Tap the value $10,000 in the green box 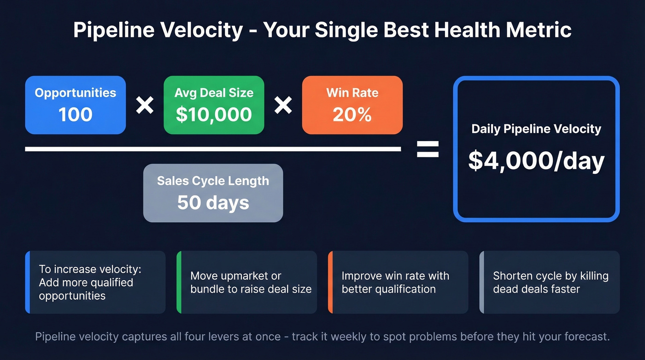(x=214, y=114)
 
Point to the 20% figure (x=352, y=114)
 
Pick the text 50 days (x=213, y=203)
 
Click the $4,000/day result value (x=536, y=161)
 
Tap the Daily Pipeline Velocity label (x=536, y=129)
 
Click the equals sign (x=428, y=149)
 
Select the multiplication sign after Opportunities (x=145, y=106)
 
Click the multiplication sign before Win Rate (x=283, y=106)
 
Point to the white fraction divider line (x=213, y=149)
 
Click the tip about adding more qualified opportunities (x=95, y=282)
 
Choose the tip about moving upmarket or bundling (x=247, y=282)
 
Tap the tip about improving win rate (x=398, y=282)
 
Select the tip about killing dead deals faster (x=550, y=282)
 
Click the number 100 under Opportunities (x=76, y=114)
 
